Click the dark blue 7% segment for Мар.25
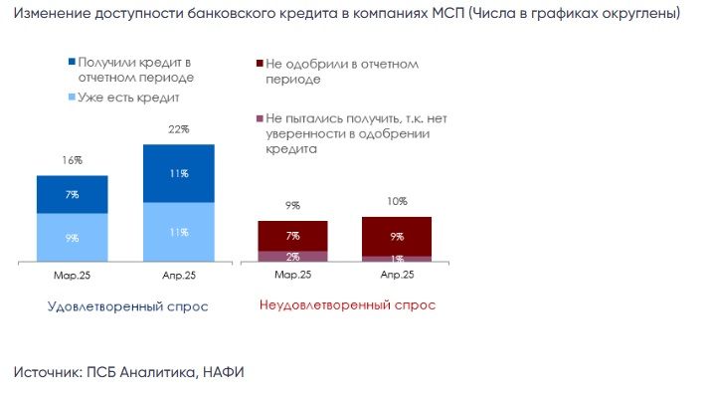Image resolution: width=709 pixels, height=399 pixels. pos(73,194)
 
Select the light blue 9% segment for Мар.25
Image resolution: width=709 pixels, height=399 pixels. pos(73,238)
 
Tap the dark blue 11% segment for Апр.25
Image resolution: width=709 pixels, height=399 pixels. pos(179,173)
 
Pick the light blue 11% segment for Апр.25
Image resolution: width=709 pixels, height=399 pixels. pos(179,232)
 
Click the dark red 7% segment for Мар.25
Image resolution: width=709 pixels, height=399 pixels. pos(292,236)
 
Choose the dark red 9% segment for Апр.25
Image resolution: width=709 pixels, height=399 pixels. pos(397,237)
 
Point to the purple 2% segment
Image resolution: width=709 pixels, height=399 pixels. pos(292,257)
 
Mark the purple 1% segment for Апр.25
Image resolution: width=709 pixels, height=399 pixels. pos(397,259)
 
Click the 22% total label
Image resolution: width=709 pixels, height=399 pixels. pos(179,129)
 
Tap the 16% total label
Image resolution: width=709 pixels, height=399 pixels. pos(73,160)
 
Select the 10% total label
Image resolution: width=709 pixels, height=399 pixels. pos(397,201)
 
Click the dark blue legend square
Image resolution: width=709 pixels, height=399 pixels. pos(72,62)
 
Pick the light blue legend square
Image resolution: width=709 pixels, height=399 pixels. pos(72,97)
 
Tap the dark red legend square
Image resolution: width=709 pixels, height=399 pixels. pos(260,64)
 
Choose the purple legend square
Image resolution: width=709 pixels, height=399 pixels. pos(260,118)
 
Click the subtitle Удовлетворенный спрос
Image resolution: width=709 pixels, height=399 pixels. pos(128,306)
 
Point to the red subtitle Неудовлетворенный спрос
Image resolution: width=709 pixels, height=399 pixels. pos(347,304)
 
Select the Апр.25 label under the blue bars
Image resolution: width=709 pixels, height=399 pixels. pos(179,275)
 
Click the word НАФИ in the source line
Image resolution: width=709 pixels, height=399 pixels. pos(224,372)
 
